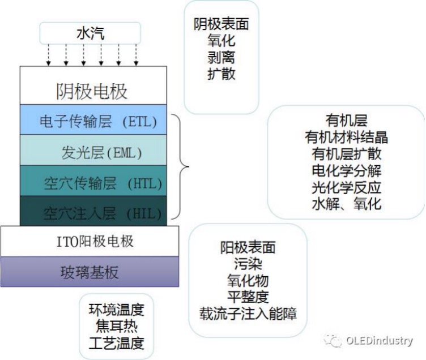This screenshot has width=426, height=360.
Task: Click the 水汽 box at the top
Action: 91,33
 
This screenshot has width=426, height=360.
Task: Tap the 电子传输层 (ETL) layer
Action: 93,120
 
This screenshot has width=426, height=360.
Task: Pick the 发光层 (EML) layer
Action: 93,152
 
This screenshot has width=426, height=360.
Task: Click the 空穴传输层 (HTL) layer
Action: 93,182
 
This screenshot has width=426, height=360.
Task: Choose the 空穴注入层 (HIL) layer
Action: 93,212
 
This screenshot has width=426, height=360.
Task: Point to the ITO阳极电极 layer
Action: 90,241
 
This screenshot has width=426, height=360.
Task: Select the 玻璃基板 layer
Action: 90,272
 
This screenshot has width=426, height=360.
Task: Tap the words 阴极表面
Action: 221,24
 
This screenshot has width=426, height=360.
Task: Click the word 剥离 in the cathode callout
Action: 221,57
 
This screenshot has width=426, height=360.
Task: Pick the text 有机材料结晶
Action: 346,137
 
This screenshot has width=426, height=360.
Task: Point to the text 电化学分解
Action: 346,170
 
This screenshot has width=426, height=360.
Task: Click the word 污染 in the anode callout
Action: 248,264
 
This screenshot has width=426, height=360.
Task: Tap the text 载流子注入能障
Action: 248,313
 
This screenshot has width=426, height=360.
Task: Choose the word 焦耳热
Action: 116,326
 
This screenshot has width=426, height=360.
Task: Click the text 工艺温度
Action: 116,342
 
